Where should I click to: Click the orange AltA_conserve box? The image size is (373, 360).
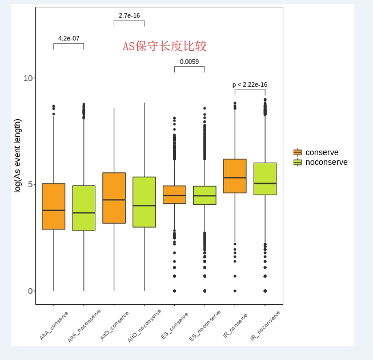[54, 207]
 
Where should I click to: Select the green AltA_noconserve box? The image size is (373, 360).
[84, 208]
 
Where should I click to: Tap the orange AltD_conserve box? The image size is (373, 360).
[114, 198]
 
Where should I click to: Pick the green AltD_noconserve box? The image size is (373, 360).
[144, 202]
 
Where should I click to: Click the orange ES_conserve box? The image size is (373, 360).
[174, 195]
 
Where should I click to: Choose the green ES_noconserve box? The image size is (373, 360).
[204, 195]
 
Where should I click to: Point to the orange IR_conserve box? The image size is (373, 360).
[235, 176]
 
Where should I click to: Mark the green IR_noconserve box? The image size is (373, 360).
[265, 179]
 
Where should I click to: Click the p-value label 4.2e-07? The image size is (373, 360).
[69, 38]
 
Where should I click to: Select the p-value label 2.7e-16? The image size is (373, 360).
[129, 15]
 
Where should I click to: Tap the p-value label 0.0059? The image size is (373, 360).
[189, 62]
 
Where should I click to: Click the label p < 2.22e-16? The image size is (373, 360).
[250, 84]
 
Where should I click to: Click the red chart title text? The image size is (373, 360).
[165, 46]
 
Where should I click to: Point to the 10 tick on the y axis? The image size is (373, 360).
[28, 78]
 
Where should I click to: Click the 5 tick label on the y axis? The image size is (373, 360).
[30, 184]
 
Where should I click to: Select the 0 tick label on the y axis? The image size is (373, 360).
[30, 291]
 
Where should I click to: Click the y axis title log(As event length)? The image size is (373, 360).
[17, 156]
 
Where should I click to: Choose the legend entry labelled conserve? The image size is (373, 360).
[322, 152]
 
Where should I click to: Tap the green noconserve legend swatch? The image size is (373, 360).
[298, 162]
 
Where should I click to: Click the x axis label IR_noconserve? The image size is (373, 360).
[266, 325]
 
